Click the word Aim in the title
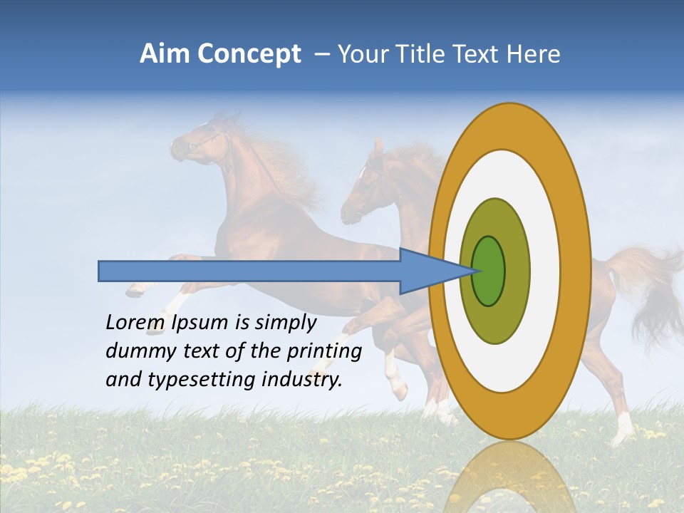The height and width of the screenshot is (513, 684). click(165, 54)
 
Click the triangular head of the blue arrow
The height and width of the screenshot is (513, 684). click(427, 271)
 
